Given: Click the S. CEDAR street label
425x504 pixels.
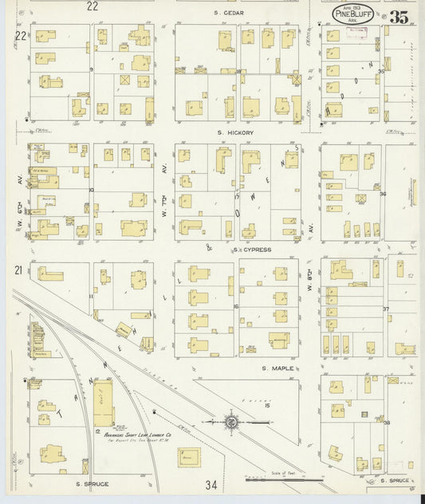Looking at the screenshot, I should click(229, 14).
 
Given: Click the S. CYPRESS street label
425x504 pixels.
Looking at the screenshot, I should click(253, 250).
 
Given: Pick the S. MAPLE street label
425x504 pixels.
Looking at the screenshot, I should click(274, 368).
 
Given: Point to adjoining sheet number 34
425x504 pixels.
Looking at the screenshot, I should click(211, 485).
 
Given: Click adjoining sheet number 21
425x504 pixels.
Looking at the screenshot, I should click(18, 271).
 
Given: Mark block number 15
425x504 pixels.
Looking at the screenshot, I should click(268, 406).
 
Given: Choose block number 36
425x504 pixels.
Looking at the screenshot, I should click(384, 194).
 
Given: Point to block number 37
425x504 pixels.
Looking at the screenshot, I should click(386, 309).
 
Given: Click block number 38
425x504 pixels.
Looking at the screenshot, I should click(387, 422).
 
